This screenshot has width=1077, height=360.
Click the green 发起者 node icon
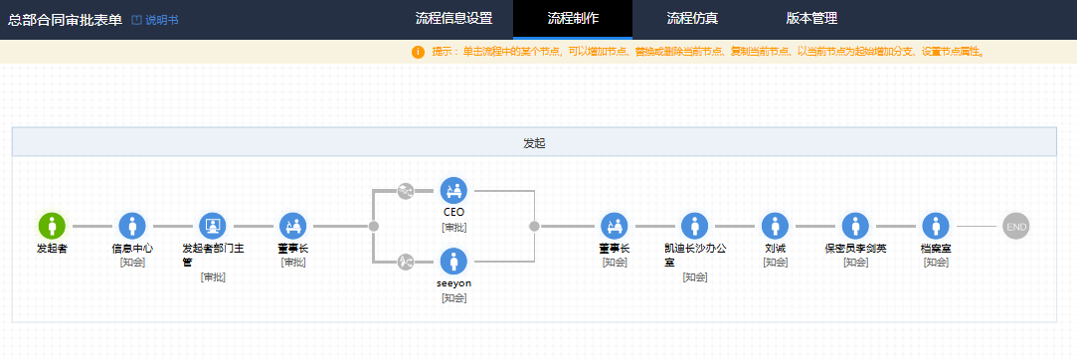coord(52,226)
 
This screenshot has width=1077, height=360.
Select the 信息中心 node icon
coord(132,226)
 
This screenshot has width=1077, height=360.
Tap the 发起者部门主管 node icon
coord(213,226)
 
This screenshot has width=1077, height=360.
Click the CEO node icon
coord(454,190)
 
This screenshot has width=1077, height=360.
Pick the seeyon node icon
coord(454,262)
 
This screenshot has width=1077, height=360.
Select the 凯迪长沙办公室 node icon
coord(695,226)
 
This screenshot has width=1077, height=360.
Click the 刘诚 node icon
coord(776,226)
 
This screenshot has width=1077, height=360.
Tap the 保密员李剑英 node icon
coord(856,226)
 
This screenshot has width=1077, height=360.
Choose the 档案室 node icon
coord(936,226)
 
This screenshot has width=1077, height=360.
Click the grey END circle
coord(1016,226)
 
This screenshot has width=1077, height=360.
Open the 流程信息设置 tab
coord(454,19)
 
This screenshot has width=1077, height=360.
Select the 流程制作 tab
coord(573,19)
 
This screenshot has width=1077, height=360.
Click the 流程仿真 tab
coord(692,19)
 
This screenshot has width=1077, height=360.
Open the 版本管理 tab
coord(811,19)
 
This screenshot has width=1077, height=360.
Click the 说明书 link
coord(155,20)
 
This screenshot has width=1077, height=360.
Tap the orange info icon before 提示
coord(419,53)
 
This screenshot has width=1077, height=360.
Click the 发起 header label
coord(534,143)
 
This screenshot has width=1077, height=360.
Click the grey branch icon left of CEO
coord(406,191)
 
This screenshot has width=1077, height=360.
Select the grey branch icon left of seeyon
coord(406,262)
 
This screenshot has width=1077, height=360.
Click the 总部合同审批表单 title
coord(66,20)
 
